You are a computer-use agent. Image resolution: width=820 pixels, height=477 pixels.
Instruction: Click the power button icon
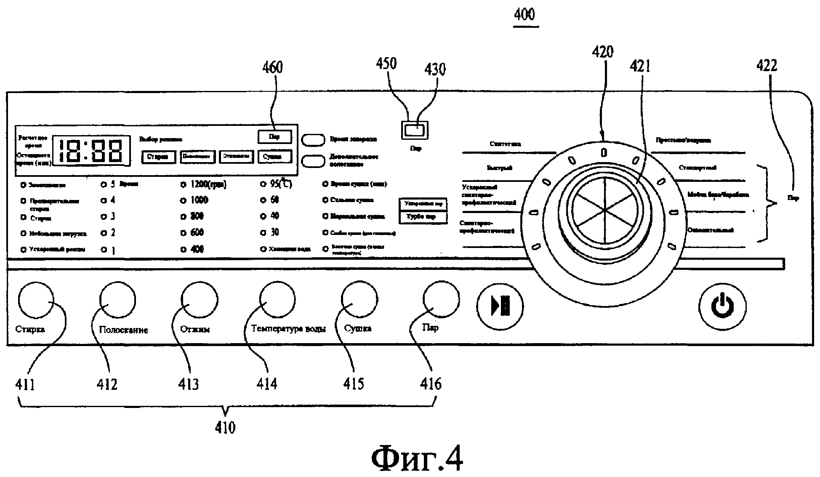pos(722,306)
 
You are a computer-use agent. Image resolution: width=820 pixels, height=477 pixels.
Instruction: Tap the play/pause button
pos(500,306)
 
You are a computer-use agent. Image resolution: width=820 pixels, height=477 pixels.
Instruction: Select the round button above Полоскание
pos(117,300)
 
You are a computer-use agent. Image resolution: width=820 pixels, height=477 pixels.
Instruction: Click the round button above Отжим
pos(199,300)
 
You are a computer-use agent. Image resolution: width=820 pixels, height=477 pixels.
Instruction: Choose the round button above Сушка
pos(359,299)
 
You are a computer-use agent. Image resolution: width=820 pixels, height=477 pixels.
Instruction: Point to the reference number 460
pos(273,67)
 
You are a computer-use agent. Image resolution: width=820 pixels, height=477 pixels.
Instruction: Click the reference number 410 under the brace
pos(225,428)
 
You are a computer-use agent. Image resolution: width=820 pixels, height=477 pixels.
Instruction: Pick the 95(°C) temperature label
pos(281,184)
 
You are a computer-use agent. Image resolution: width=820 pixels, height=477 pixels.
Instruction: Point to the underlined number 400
pos(524,15)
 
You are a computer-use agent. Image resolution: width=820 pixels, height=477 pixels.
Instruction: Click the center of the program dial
pos(604,209)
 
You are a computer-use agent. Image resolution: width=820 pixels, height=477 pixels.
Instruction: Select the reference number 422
pos(767,65)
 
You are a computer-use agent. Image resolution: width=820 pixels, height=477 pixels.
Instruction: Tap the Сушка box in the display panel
pos(274,157)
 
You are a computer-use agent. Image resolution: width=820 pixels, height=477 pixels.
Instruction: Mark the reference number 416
pos(431,384)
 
